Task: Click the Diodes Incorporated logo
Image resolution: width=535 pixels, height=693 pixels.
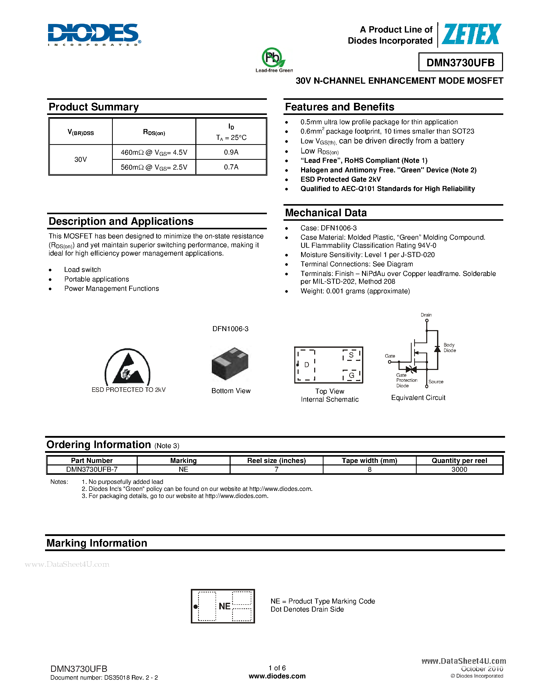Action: [94, 34]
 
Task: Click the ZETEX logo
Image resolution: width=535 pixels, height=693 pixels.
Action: [471, 34]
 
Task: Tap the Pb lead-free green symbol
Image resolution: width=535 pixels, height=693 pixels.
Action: [273, 58]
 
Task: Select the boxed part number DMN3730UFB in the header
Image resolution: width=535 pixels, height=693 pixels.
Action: [460, 62]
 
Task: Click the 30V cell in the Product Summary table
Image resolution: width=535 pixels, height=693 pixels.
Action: [81, 159]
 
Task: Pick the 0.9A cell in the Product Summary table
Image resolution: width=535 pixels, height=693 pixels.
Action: [231, 152]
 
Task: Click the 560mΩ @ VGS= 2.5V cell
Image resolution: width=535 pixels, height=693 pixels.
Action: [154, 167]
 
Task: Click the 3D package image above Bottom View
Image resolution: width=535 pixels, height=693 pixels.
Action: [230, 363]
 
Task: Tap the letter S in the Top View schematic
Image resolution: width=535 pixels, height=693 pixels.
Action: [351, 355]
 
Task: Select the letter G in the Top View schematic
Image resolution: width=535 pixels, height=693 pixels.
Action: [351, 375]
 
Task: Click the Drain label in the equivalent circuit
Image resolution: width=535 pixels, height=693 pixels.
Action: [426, 315]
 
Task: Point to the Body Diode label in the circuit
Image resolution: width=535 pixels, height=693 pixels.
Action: [449, 348]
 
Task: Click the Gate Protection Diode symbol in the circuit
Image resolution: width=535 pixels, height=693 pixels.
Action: [411, 369]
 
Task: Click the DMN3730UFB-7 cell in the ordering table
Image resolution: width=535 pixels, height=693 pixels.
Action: [92, 469]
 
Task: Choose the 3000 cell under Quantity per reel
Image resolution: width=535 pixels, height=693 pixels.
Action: [459, 469]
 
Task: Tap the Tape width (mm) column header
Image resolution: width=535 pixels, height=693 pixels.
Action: [369, 460]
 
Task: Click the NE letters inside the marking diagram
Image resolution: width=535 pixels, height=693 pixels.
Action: [224, 606]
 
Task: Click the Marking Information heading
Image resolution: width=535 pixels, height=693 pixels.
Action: [97, 543]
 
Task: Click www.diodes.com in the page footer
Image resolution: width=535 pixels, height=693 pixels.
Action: [277, 676]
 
